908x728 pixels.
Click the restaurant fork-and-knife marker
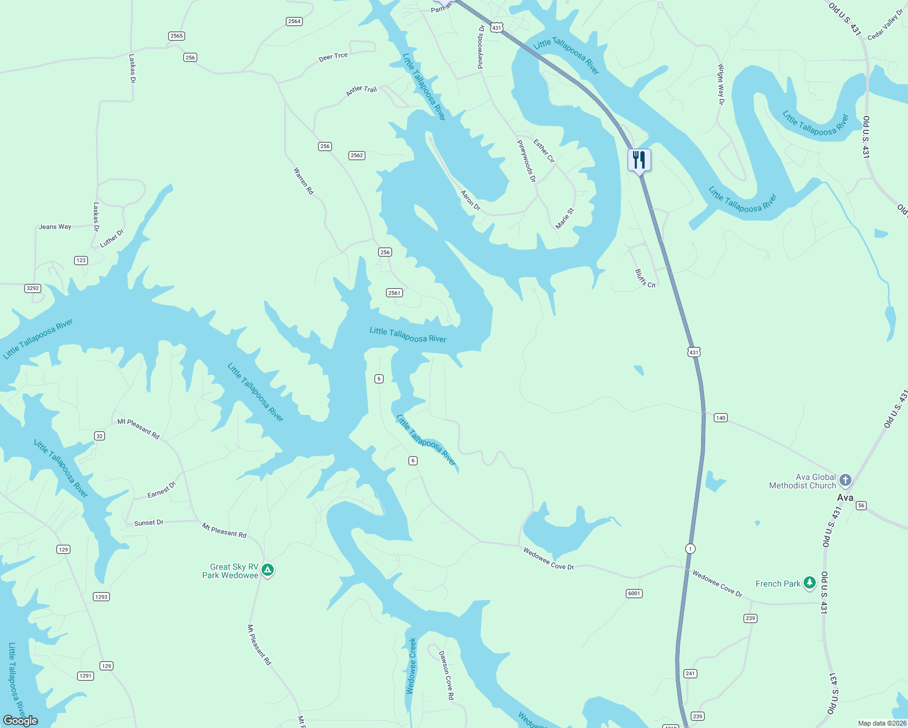[639, 160]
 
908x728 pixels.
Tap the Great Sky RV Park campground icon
[268, 570]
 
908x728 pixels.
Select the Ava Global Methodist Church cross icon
[845, 480]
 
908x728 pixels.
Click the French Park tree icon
[809, 583]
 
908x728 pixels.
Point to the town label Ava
[845, 497]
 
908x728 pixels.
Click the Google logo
[21, 720]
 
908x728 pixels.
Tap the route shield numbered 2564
[294, 21]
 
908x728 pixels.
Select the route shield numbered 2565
[177, 36]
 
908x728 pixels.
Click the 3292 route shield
[33, 288]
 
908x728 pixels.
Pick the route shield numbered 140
[720, 418]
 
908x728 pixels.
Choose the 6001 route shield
[634, 593]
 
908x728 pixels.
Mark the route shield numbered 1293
[101, 597]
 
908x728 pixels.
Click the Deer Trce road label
[333, 57]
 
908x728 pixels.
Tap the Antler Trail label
[361, 90]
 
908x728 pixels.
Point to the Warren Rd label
[303, 181]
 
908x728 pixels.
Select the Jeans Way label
[55, 227]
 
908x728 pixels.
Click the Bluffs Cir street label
[645, 278]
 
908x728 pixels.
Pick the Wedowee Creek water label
[412, 666]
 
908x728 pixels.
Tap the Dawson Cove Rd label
[446, 675]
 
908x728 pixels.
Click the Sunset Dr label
[149, 522]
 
